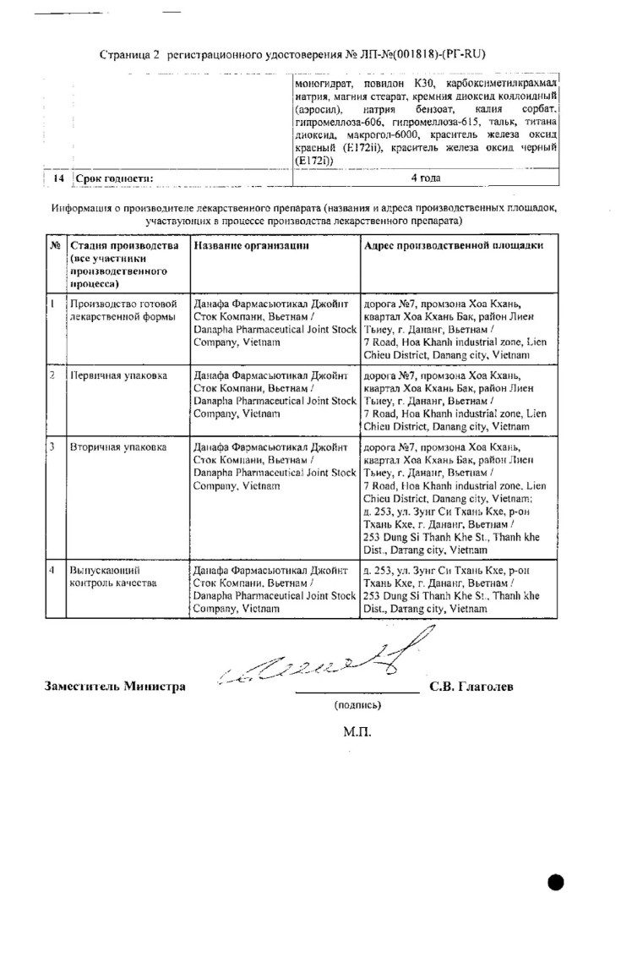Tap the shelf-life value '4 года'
(425, 178)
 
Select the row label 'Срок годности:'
(114, 178)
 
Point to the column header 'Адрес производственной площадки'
(453, 244)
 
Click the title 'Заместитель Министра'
(115, 687)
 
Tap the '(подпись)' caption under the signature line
(357, 703)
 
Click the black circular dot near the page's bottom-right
(555, 883)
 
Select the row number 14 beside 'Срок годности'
(58, 178)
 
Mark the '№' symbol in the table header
(54, 244)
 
